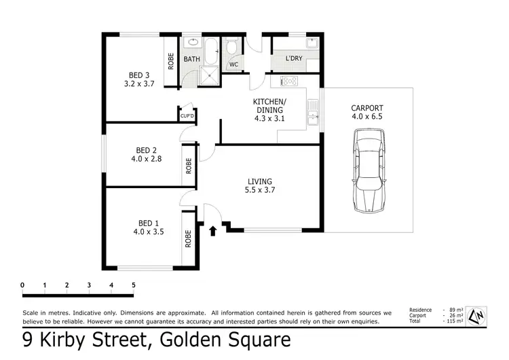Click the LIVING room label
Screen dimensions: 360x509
coord(260,181)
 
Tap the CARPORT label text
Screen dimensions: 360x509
coord(367,108)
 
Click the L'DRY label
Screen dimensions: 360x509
coord(294,59)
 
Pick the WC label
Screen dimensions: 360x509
coord(233,65)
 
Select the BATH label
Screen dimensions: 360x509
coord(192,59)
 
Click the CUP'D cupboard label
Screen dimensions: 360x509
coord(187,116)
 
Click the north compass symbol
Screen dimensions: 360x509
coord(478,315)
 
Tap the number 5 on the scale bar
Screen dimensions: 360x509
coord(133,285)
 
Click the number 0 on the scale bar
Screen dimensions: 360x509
coord(22,285)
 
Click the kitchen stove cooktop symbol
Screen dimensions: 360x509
coord(289,82)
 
